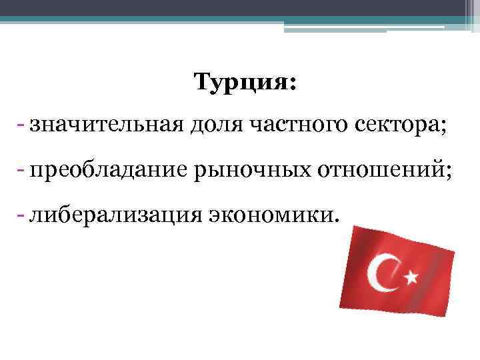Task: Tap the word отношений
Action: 377,171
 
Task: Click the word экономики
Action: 269,215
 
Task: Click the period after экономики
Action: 335,220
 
